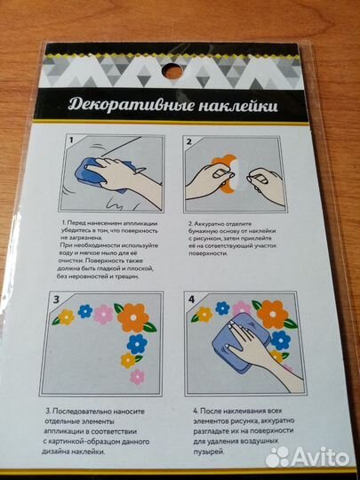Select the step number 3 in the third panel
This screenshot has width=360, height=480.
[59, 300]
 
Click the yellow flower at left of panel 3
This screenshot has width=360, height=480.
[65, 316]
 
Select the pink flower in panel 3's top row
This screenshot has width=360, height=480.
[105, 314]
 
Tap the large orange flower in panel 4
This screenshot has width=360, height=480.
[270, 313]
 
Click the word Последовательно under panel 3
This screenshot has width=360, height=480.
[98, 412]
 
